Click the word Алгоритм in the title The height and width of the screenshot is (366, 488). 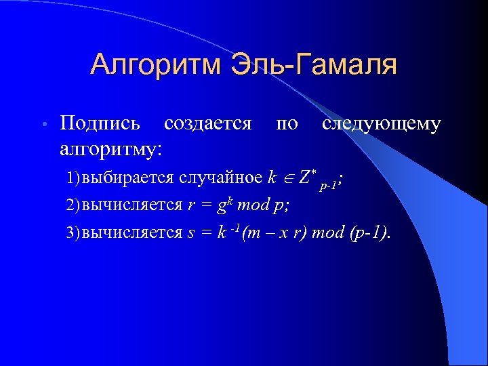157,65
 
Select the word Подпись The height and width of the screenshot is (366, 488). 100,124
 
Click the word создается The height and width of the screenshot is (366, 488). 207,124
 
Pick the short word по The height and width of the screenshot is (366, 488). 287,124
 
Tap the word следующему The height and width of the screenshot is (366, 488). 382,124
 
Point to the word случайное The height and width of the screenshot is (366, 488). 220,178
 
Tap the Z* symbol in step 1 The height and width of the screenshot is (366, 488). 306,177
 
